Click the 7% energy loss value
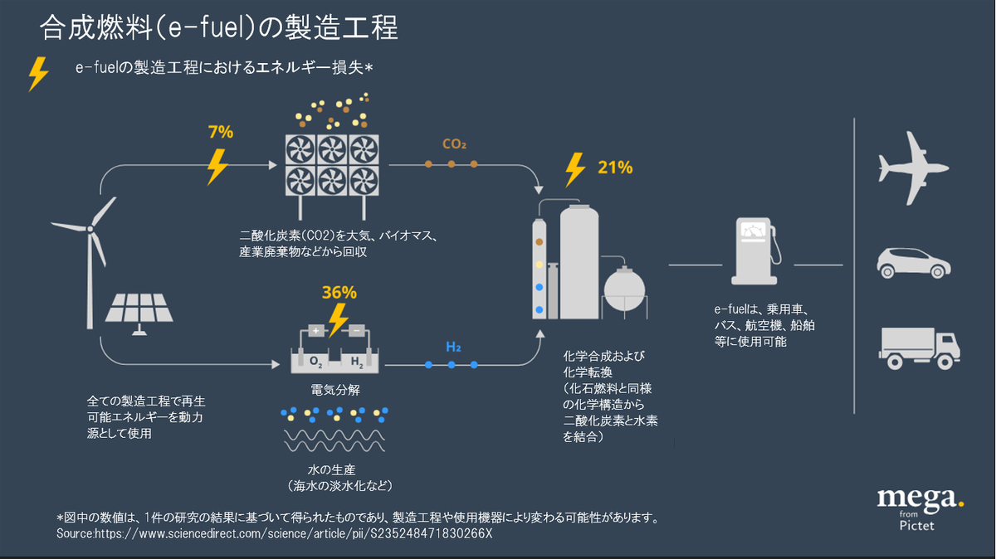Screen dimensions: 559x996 coord(221,131)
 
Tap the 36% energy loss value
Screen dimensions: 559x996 coord(339,292)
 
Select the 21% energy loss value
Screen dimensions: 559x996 coord(615,168)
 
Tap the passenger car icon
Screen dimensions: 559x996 coord(913,261)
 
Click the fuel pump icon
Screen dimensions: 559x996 coord(755,252)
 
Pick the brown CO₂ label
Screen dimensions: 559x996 coord(454,144)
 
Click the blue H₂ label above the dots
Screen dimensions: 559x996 coord(453,346)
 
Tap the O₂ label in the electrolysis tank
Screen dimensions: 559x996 coord(316,362)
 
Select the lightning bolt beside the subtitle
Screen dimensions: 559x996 coord(38,74)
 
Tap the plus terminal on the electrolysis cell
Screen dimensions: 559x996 coord(315,330)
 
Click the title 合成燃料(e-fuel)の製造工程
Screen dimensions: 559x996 coord(219,29)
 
